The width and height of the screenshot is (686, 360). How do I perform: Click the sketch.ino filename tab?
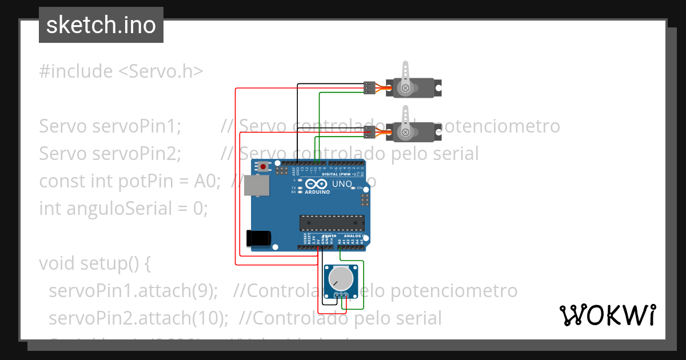tap(101, 25)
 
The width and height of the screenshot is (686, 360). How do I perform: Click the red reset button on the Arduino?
tap(264, 167)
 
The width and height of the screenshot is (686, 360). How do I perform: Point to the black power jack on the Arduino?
tap(257, 238)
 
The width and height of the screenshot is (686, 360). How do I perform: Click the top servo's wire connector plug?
tap(369, 87)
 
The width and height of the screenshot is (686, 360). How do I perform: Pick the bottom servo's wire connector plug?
tap(369, 133)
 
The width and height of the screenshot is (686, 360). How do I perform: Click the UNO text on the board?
tap(342, 184)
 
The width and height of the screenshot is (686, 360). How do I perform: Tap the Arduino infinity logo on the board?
tap(316, 184)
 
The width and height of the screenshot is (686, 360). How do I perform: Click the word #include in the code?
tap(76, 71)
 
